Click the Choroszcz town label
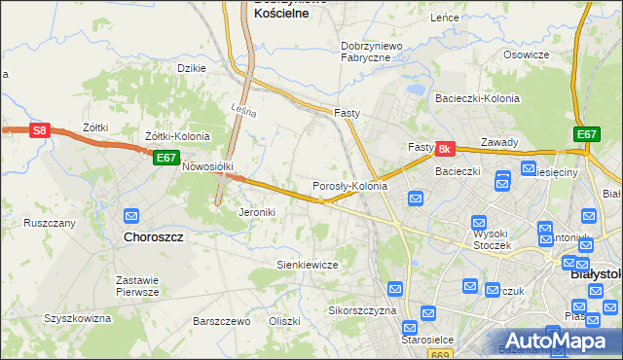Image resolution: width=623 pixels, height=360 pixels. tap(156, 235)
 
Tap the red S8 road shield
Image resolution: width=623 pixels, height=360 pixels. tap(39, 130)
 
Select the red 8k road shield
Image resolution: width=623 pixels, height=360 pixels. tap(445, 149)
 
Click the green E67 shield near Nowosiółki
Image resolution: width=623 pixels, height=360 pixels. tap(165, 158)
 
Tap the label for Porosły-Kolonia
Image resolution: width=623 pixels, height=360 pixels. tap(349, 186)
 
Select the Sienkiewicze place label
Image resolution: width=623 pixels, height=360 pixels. tap(307, 265)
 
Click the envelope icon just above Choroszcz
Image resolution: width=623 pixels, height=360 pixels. tap(132, 215)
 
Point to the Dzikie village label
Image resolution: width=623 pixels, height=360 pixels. tap(191, 68)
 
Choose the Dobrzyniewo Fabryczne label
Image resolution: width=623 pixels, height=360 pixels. tap(366, 52)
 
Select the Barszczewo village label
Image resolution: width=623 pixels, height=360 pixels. tap(222, 320)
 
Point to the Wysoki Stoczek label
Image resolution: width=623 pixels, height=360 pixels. tap(492, 239)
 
